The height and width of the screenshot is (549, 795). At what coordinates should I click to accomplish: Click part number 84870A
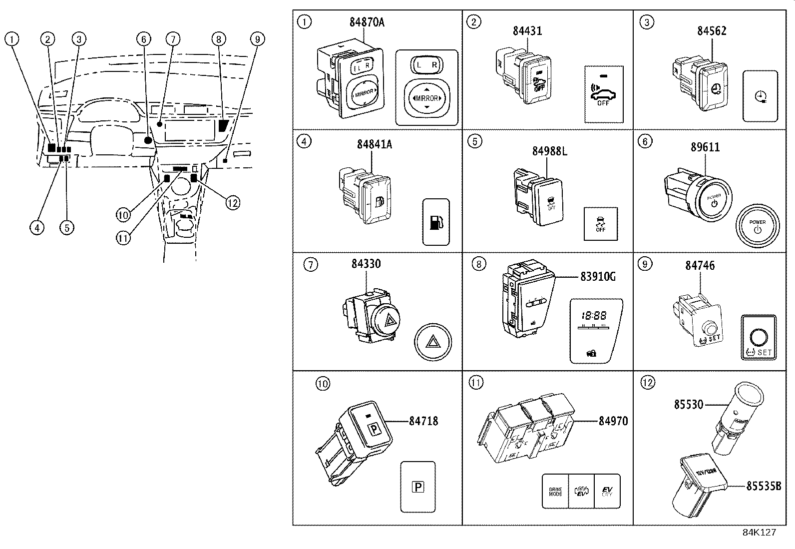point(367,23)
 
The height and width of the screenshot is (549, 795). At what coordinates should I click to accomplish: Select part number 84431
point(527,31)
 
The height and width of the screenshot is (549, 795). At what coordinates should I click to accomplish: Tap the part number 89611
point(705,147)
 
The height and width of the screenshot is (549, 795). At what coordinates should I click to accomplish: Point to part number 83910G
point(598,276)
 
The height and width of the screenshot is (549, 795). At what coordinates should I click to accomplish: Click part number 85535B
point(763,486)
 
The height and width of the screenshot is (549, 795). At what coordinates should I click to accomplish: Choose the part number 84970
point(613,421)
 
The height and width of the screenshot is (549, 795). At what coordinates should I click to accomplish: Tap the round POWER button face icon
point(757,226)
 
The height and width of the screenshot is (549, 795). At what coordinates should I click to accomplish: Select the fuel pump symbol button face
point(436,222)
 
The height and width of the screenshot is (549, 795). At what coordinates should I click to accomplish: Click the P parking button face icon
point(418,486)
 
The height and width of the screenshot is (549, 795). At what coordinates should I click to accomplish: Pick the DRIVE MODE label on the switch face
point(555,492)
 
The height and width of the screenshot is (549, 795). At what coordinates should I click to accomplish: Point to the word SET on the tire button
point(765,352)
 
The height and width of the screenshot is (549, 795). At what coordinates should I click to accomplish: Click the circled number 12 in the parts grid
point(647,383)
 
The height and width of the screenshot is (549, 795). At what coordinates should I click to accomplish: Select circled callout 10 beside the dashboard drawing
point(123,215)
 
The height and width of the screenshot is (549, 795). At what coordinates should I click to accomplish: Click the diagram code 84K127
point(759,533)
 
